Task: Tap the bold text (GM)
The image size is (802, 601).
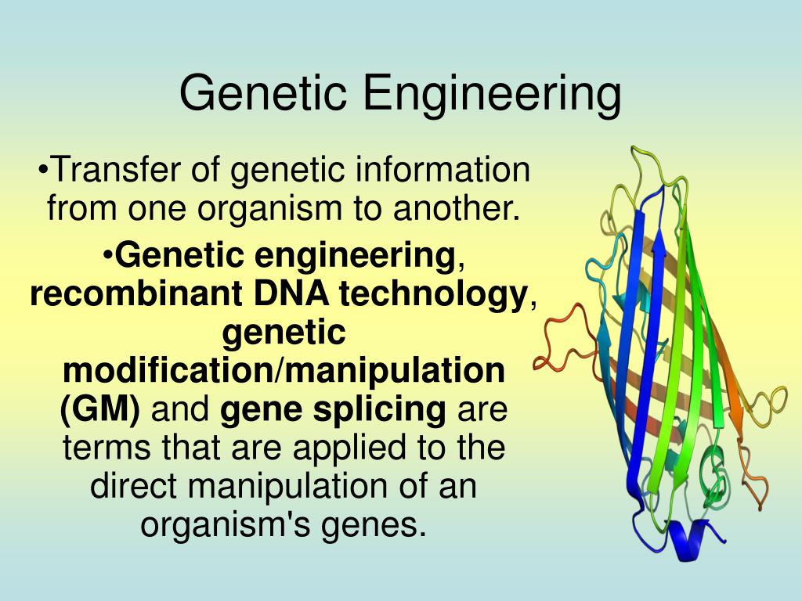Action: coord(99,409)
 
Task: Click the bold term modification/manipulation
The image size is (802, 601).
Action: coord(284,371)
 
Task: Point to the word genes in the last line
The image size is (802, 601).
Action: coord(381,524)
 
